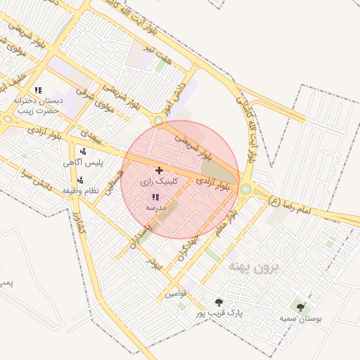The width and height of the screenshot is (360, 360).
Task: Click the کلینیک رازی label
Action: (160, 181)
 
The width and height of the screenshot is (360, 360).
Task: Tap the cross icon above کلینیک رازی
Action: (159, 170)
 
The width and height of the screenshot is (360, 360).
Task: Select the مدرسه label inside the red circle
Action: (155, 208)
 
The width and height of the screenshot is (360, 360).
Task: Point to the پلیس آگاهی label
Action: (83, 162)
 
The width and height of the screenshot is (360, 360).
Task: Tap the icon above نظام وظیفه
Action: (80, 180)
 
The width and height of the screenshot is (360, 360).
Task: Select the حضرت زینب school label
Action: (35, 110)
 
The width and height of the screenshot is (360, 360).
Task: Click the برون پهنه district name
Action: (255, 268)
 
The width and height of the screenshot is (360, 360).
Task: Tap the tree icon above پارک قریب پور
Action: (219, 302)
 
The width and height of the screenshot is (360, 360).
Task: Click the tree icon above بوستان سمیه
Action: (301, 307)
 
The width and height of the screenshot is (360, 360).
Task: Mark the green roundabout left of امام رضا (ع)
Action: (245, 188)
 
